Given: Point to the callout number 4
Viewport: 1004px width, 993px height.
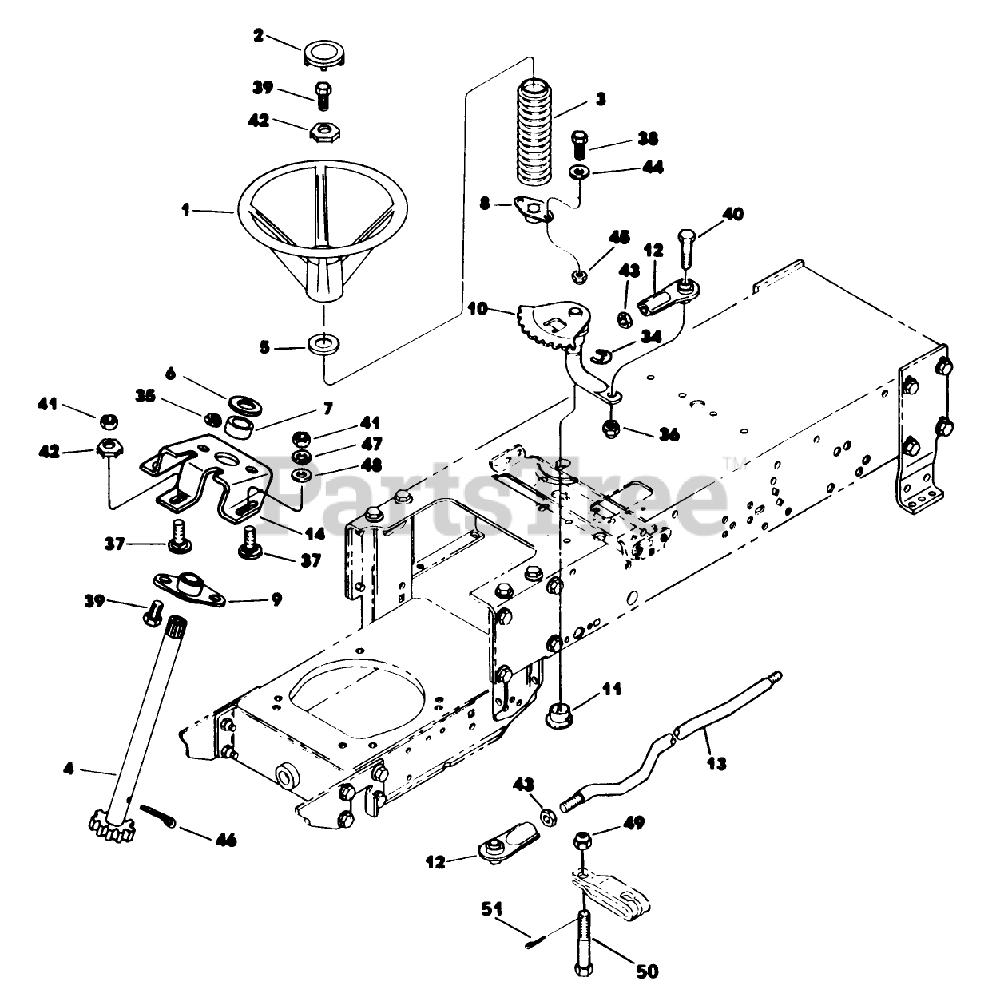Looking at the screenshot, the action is click(69, 768).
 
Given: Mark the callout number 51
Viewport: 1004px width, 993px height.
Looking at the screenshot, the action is click(491, 909).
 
